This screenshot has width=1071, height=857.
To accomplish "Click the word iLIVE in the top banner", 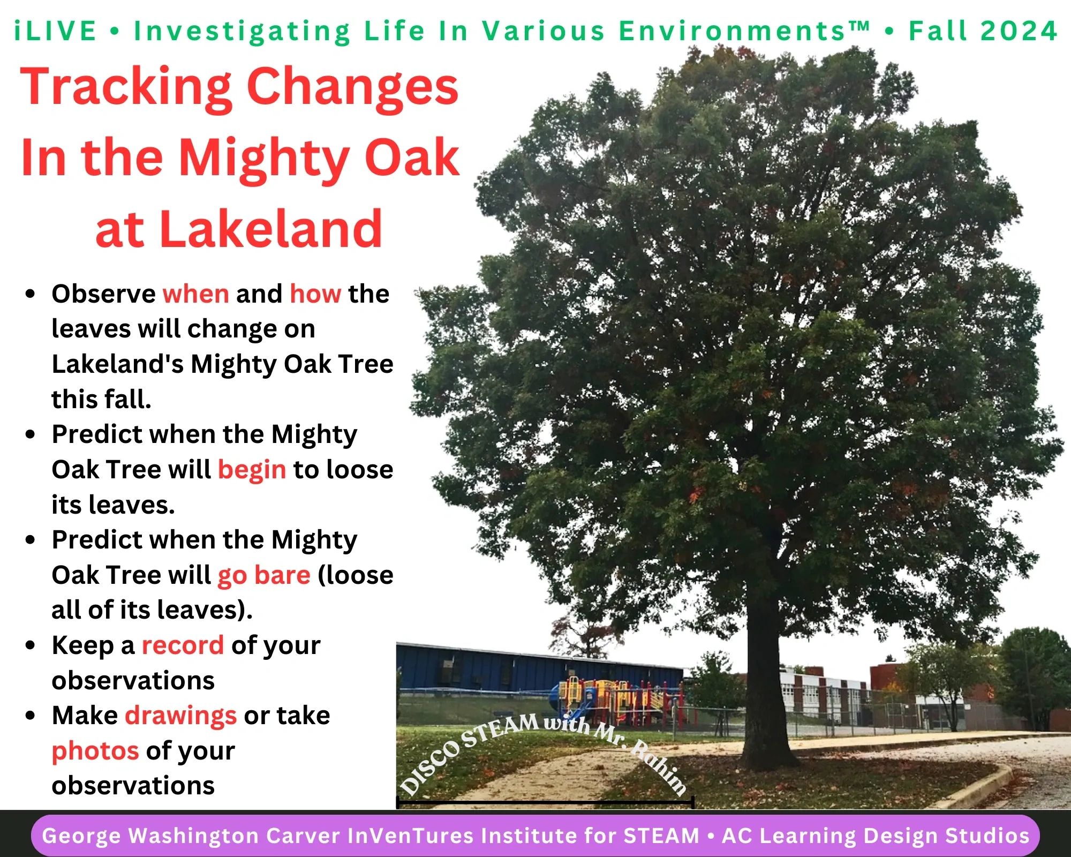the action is (55, 31).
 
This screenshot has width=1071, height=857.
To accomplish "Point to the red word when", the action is (196, 294).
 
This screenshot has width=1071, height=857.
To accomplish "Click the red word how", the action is (315, 294).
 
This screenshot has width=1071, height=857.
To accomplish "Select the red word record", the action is (183, 645).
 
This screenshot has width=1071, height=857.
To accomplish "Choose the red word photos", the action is (95, 751).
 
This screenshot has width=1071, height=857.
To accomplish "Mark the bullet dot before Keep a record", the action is (31, 645).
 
